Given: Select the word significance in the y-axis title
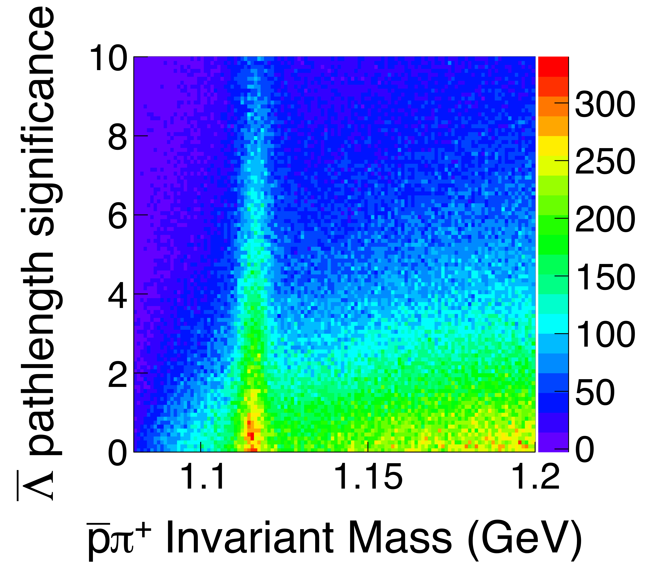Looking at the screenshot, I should coord(42,122).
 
